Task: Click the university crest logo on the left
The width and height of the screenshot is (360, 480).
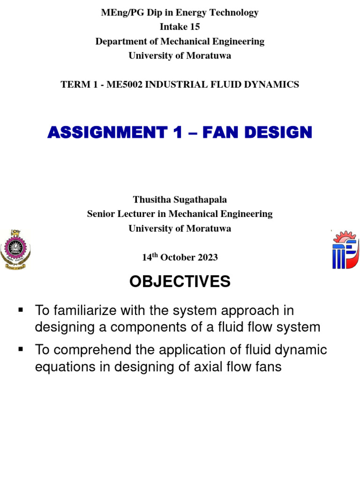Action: click(x=15, y=249)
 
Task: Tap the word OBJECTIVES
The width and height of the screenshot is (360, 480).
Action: click(x=180, y=282)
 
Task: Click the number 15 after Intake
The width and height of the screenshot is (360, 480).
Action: click(x=193, y=27)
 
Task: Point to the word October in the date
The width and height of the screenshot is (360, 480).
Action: click(x=176, y=257)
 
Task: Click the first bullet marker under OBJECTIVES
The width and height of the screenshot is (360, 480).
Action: click(x=20, y=310)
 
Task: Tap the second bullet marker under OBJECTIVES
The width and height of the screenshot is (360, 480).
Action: click(x=20, y=350)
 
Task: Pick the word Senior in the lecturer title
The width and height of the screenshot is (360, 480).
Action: click(x=102, y=214)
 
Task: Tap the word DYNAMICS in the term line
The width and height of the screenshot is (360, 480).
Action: click(x=275, y=85)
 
